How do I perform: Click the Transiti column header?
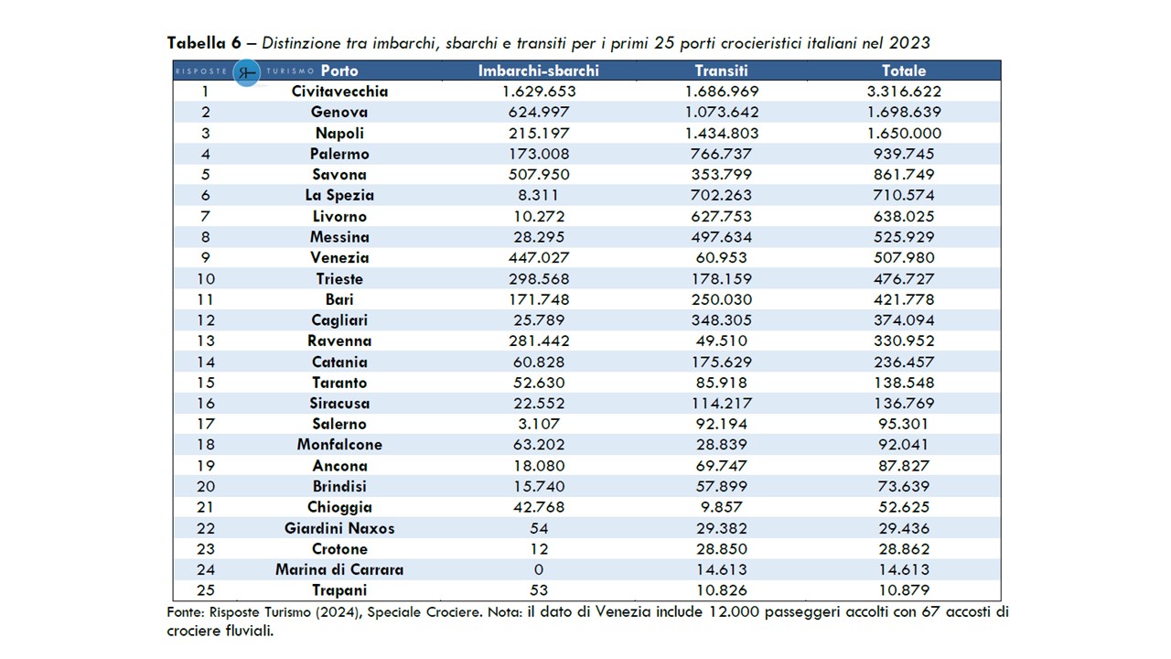[x=721, y=70]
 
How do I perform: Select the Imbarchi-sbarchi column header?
[x=539, y=70]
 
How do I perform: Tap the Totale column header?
[x=904, y=70]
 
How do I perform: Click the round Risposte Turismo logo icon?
[x=247, y=71]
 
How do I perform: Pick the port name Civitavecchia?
[x=339, y=92]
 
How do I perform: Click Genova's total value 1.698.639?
[x=904, y=113]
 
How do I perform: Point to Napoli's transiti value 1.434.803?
[x=721, y=133]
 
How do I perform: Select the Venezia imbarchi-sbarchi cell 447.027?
[x=539, y=257]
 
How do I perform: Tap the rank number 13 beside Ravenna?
[x=206, y=340]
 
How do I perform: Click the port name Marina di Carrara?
[x=339, y=569]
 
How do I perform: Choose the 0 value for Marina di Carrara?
[x=539, y=569]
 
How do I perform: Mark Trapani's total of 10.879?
[x=904, y=590]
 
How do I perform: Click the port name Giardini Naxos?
[x=339, y=528]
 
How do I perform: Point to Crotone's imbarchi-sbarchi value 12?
[x=539, y=549]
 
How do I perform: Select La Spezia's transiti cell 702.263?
[x=721, y=195]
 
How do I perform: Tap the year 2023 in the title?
[x=908, y=43]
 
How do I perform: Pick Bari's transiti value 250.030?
[x=721, y=299]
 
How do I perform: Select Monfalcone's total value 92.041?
[x=904, y=445]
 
